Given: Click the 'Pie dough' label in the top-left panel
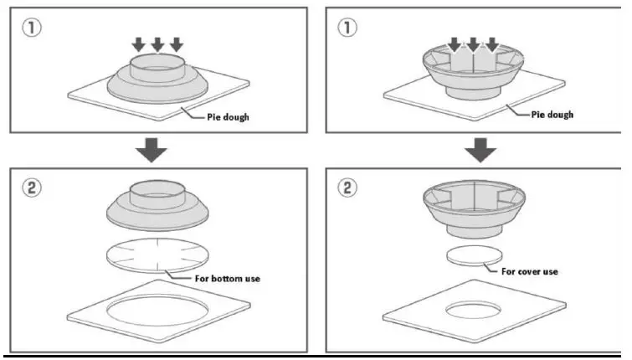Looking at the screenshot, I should tap(228, 117).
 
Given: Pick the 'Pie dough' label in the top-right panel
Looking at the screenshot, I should tap(552, 115).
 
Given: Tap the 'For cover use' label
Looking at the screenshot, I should tap(529, 271).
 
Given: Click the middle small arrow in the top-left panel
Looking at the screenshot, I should tap(158, 44).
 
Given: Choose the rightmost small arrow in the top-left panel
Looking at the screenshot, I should tap(176, 44).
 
